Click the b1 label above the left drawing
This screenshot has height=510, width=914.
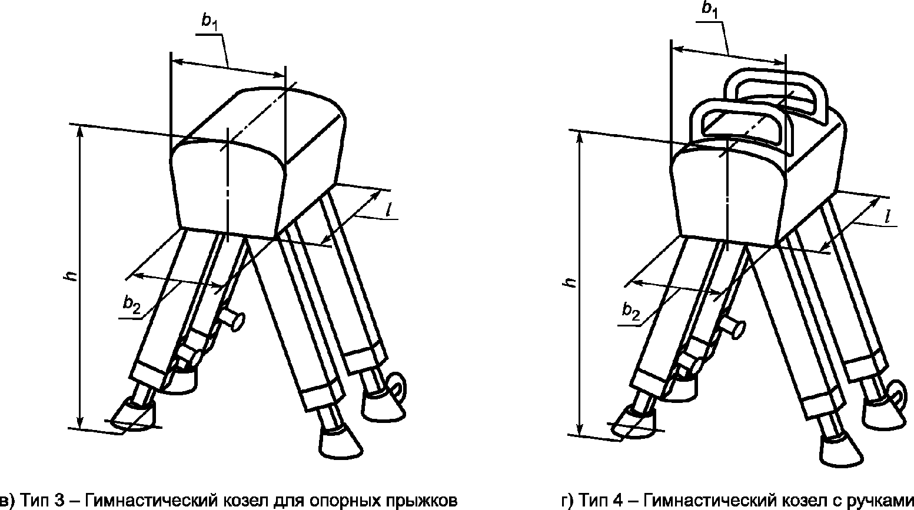(x=209, y=22)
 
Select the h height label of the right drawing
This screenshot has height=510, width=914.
(x=569, y=282)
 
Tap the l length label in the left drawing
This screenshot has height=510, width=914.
(x=390, y=209)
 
